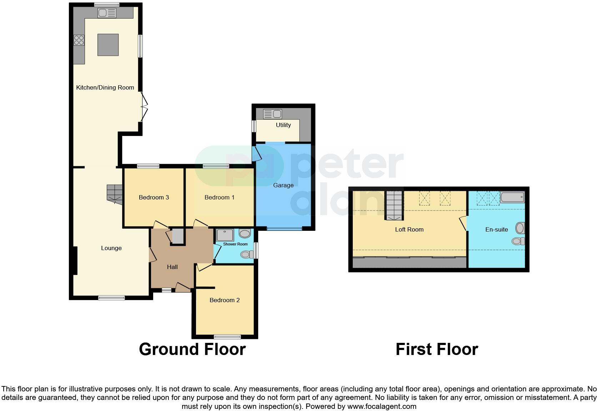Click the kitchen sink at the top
(x=107, y=13)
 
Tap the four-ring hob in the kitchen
(x=79, y=40)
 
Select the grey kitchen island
(x=108, y=45)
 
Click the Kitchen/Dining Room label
(x=105, y=87)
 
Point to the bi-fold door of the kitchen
(x=144, y=107)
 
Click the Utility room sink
(x=272, y=114)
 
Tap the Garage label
(x=283, y=185)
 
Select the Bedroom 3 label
(x=154, y=197)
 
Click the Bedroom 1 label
(x=219, y=197)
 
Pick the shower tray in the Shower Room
(x=225, y=235)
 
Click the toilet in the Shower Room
(x=246, y=254)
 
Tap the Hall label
(x=172, y=267)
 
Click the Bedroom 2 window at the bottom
(x=227, y=336)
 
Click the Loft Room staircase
(x=394, y=205)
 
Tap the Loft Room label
(x=409, y=229)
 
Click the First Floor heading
(x=437, y=349)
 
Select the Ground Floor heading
(x=192, y=349)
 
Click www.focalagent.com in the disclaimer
(x=382, y=406)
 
